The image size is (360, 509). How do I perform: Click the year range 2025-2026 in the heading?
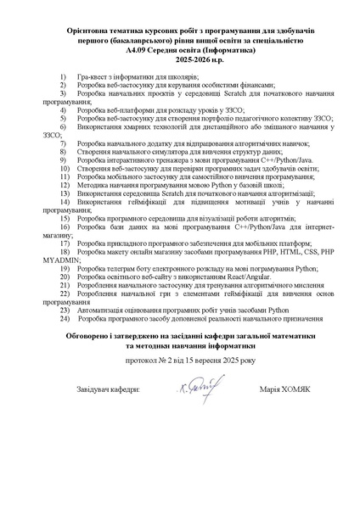[x=179, y=61]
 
